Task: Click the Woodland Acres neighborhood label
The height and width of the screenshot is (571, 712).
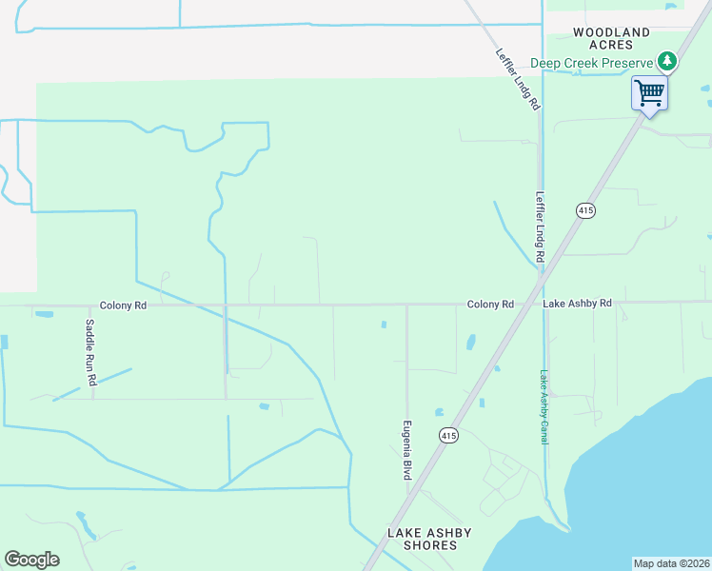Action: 611,38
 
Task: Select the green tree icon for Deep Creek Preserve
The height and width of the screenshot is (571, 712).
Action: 667,62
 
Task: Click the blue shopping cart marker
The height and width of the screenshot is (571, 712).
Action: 649,93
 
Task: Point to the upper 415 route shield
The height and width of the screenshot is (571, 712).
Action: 585,209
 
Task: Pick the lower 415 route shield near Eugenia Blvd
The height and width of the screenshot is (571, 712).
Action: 448,435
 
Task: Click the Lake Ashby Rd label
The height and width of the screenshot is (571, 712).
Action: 577,304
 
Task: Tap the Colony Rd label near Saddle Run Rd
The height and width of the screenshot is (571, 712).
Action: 124,305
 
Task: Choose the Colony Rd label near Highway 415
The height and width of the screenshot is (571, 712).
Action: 490,304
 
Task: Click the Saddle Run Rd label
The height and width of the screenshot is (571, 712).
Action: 90,352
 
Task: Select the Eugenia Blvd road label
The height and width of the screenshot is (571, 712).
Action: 406,449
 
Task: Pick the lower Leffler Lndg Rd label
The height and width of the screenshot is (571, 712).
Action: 540,227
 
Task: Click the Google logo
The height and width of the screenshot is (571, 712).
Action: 31,560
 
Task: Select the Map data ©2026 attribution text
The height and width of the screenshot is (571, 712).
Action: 671,563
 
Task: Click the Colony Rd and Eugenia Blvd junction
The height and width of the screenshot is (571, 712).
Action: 407,306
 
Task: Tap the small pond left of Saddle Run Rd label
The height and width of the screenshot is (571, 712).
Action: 45,313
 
